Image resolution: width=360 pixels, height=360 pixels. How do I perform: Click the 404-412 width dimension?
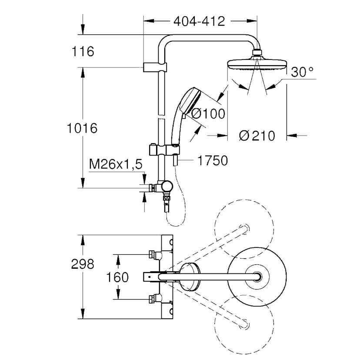click(199, 21)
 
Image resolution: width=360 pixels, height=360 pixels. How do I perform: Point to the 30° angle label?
click(302, 72)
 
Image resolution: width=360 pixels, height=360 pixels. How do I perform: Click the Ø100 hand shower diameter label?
click(208, 114)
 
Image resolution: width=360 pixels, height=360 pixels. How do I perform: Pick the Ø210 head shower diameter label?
click(257, 136)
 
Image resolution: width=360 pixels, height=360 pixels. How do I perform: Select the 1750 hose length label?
click(213, 161)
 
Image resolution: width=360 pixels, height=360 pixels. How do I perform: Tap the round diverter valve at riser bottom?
click(167, 186)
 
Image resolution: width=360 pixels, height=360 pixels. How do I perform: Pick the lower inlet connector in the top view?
click(152, 299)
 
